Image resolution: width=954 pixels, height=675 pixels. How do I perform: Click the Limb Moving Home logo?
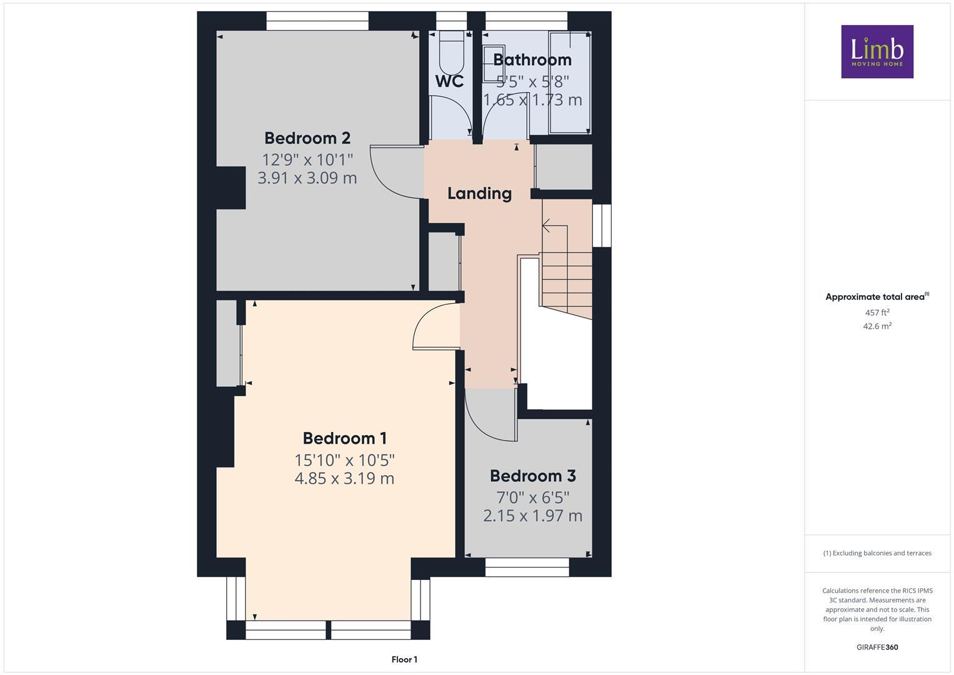click(x=877, y=51)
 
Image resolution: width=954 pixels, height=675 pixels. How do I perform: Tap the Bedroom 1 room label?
click(x=345, y=438)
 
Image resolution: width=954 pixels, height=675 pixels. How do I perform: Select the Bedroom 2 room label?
click(x=307, y=137)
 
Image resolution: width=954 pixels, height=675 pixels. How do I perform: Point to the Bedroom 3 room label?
click(x=532, y=476)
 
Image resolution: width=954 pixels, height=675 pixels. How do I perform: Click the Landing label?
click(x=479, y=193)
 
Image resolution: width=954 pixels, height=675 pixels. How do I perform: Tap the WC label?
click(x=449, y=81)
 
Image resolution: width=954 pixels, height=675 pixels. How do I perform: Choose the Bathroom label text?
click(x=532, y=59)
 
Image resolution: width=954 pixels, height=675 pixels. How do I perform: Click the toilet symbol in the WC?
click(x=451, y=53)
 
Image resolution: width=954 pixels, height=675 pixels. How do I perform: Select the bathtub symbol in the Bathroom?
click(x=569, y=82)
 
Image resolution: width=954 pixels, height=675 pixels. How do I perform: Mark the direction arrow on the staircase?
click(x=547, y=225)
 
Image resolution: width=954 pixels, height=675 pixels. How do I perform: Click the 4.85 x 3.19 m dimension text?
click(x=344, y=479)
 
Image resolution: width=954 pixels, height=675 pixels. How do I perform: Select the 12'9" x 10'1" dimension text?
click(x=307, y=159)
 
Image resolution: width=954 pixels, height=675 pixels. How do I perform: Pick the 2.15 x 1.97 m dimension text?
click(x=532, y=516)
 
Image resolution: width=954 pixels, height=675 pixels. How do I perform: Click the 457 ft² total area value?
click(x=877, y=312)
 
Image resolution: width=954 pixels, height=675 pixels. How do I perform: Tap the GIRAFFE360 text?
click(x=877, y=647)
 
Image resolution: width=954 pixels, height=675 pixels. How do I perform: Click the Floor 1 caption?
click(x=404, y=659)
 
